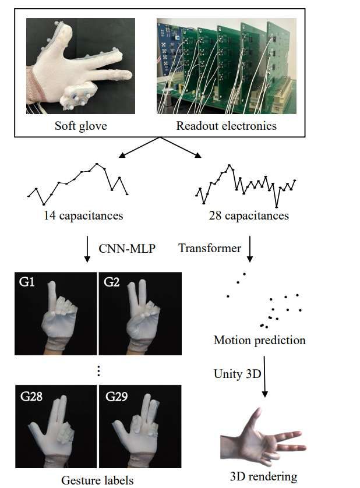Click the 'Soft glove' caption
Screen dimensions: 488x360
click(80, 126)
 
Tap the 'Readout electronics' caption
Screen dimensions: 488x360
click(227, 126)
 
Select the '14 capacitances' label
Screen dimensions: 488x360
click(83, 215)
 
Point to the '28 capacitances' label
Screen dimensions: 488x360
click(249, 215)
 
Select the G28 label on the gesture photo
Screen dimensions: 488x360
click(31, 398)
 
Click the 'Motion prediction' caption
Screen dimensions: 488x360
click(260, 340)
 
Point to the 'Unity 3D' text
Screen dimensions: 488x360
click(237, 374)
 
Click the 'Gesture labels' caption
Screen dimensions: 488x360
click(97, 480)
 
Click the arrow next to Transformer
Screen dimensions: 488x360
click(250, 249)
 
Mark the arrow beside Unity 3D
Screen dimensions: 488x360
click(265, 379)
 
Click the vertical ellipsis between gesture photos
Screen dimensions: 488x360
click(98, 371)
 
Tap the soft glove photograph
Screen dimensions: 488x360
click(80, 66)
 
